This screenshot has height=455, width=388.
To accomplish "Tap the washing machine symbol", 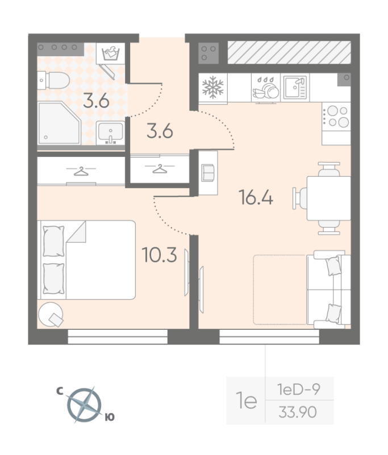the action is coord(111,53).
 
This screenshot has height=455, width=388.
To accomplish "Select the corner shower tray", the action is coord(59,123).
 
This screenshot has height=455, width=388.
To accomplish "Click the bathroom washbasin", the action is coord(110,133).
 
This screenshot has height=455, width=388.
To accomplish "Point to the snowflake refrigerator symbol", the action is coord(213,88).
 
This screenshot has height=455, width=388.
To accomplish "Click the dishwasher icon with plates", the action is coord(266,88).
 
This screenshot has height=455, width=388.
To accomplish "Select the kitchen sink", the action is coord(295,88).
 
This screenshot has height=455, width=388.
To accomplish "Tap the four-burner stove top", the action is coord(336,117).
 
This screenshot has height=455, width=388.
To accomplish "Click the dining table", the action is coord(329,198).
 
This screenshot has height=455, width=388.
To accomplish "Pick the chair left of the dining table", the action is coord(300,198).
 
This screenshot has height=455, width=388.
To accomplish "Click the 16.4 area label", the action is coord(256,197).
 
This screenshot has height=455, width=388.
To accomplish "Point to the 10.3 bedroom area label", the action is coord(160,255).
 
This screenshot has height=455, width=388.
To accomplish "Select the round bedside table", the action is coord(51,315).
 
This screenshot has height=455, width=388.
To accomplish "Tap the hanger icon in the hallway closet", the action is coord(160,168).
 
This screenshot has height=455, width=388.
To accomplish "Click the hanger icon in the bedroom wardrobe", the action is coord(81,171).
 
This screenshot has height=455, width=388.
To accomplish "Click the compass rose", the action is coord(84,405).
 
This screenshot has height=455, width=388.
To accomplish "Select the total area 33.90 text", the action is coord(298,412).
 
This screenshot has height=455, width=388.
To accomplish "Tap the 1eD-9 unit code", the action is coord(299,389).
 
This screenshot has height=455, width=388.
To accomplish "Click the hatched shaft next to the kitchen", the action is coord(289,52).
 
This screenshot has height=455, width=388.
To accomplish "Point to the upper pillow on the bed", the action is coord(53,241).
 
